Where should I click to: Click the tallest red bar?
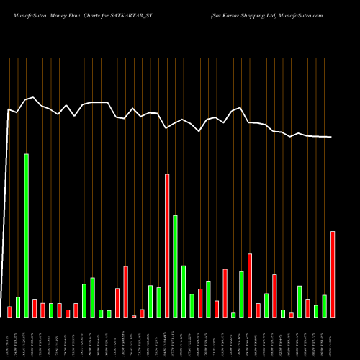coord(167,246)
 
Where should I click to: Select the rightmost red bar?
coord(333,274)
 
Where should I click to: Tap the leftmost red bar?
coord(9,312)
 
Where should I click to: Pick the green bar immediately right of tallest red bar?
coord(175,266)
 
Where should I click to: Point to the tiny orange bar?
coord(134,316)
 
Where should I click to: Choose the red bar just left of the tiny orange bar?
coord(125,292)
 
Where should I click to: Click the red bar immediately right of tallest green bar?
coord(35,308)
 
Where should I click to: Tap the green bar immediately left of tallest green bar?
coord(18,307)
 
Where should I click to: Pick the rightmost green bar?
coord(324,306)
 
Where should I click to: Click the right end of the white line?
coord(332,137)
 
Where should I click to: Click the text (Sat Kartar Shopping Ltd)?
coord(243,14)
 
